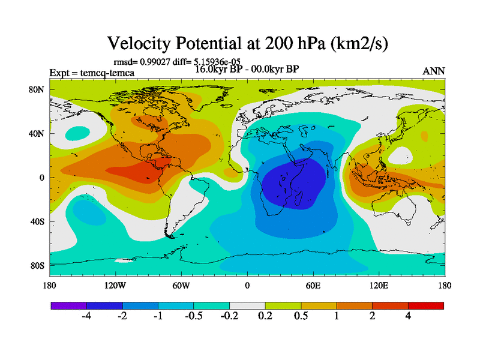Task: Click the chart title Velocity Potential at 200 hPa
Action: click(x=247, y=43)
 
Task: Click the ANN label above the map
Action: click(x=434, y=71)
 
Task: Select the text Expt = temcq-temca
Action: click(x=92, y=73)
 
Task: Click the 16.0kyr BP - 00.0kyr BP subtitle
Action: click(x=247, y=68)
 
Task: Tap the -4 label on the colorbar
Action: click(x=86, y=316)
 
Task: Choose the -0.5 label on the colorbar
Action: click(x=194, y=316)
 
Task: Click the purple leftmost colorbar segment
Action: click(x=68, y=305)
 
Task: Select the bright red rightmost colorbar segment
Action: click(x=426, y=305)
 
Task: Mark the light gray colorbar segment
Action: click(x=247, y=305)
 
